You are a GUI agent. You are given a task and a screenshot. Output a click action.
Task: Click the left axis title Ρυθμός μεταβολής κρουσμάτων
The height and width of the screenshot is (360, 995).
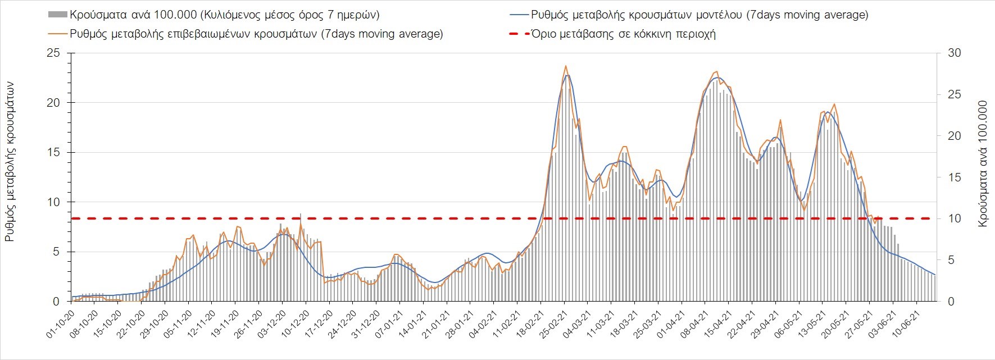[10, 162]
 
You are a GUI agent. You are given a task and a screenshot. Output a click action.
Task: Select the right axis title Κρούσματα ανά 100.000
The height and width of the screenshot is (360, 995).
[983, 164]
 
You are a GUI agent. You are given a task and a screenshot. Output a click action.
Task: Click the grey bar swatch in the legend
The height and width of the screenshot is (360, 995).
[58, 15]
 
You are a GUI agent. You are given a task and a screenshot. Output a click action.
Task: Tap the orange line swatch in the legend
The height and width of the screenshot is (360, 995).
[58, 34]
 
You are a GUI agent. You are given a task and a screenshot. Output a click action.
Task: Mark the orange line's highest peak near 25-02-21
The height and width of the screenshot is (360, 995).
[566, 66]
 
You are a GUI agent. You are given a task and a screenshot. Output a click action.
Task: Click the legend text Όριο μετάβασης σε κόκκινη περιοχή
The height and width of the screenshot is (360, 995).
[624, 34]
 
